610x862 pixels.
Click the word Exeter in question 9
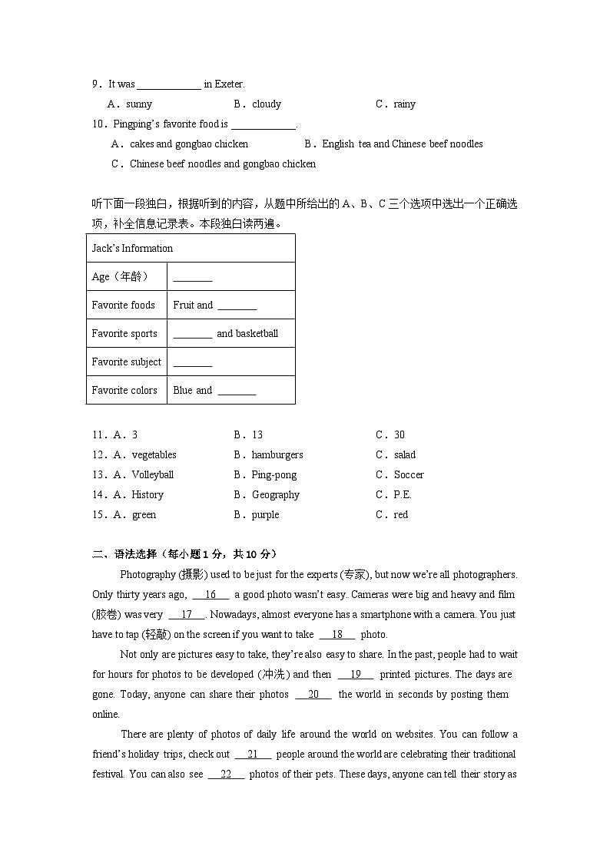229,84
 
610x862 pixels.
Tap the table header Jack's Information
132,248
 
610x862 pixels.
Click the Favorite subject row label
126,362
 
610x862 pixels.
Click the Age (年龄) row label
119,276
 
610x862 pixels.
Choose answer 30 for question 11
399,434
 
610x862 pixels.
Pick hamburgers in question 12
277,454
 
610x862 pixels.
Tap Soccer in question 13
408,474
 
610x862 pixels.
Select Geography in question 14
275,494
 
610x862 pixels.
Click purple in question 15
265,514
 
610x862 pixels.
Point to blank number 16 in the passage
211,594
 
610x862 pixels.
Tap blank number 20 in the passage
313,694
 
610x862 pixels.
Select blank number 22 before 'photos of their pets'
226,774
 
